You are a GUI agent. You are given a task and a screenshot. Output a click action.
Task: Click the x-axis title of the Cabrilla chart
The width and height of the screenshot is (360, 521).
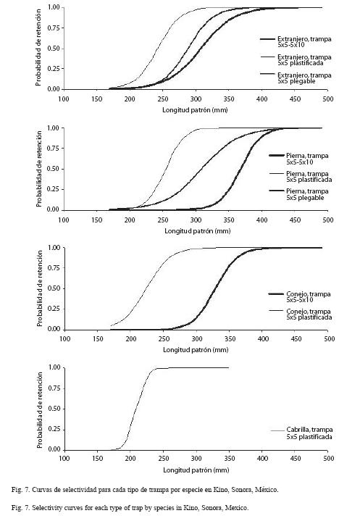[196, 470]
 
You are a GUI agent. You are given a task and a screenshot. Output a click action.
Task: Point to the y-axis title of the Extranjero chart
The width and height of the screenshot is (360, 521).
[38, 48]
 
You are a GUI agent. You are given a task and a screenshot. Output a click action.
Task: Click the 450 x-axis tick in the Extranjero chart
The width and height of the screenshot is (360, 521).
[295, 99]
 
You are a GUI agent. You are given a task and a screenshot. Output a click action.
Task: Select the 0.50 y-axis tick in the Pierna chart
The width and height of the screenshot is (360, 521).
[53, 169]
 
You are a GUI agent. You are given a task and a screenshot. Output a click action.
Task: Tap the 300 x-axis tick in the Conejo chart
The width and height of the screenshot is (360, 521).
[196, 338]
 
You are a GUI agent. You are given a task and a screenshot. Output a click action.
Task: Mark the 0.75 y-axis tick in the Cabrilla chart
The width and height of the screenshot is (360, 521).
[54, 388]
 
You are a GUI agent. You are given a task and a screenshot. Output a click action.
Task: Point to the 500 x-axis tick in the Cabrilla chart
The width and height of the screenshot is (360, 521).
[328, 458]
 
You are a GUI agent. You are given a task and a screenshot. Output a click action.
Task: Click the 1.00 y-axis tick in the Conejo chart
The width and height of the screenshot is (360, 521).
[54, 248]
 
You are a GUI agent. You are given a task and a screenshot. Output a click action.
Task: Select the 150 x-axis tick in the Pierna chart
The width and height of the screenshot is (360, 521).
[96, 220]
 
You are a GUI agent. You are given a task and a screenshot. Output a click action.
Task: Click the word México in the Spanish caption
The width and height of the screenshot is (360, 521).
[267, 490]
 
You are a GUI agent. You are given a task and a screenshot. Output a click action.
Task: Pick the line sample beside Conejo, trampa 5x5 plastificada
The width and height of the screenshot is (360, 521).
[276, 311]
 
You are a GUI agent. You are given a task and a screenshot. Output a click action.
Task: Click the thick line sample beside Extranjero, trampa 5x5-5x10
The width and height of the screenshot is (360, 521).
[267, 40]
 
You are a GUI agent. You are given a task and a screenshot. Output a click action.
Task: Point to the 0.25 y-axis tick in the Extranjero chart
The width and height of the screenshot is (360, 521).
[53, 69]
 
